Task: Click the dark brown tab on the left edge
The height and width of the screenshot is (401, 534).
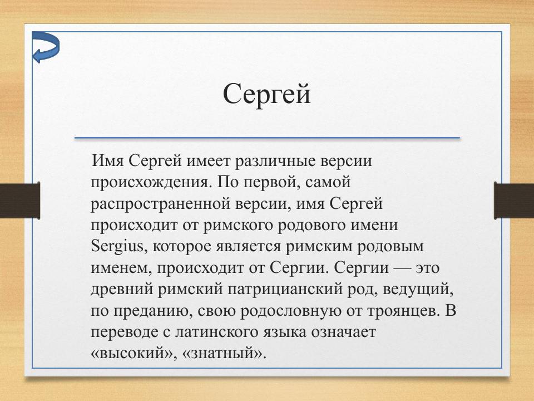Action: (x=20, y=200)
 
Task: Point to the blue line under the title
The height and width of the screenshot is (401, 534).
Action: (x=267, y=138)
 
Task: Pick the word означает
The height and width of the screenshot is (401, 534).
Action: (x=342, y=332)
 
